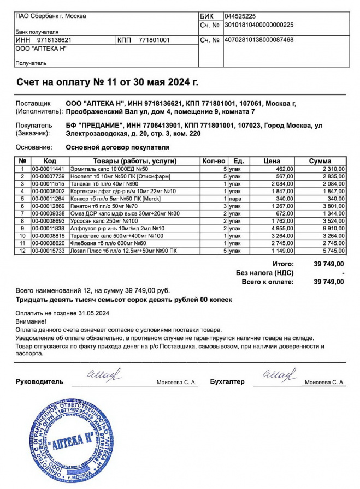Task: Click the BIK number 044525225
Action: (244, 16)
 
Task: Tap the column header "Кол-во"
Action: (214, 161)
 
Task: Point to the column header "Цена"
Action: (272, 161)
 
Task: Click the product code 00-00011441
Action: (48, 169)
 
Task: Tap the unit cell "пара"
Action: (235, 199)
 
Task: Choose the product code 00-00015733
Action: (48, 251)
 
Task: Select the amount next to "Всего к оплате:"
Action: (329, 282)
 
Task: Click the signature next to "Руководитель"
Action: (104, 375)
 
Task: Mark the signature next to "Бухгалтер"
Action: (279, 375)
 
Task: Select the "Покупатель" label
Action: (34, 125)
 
